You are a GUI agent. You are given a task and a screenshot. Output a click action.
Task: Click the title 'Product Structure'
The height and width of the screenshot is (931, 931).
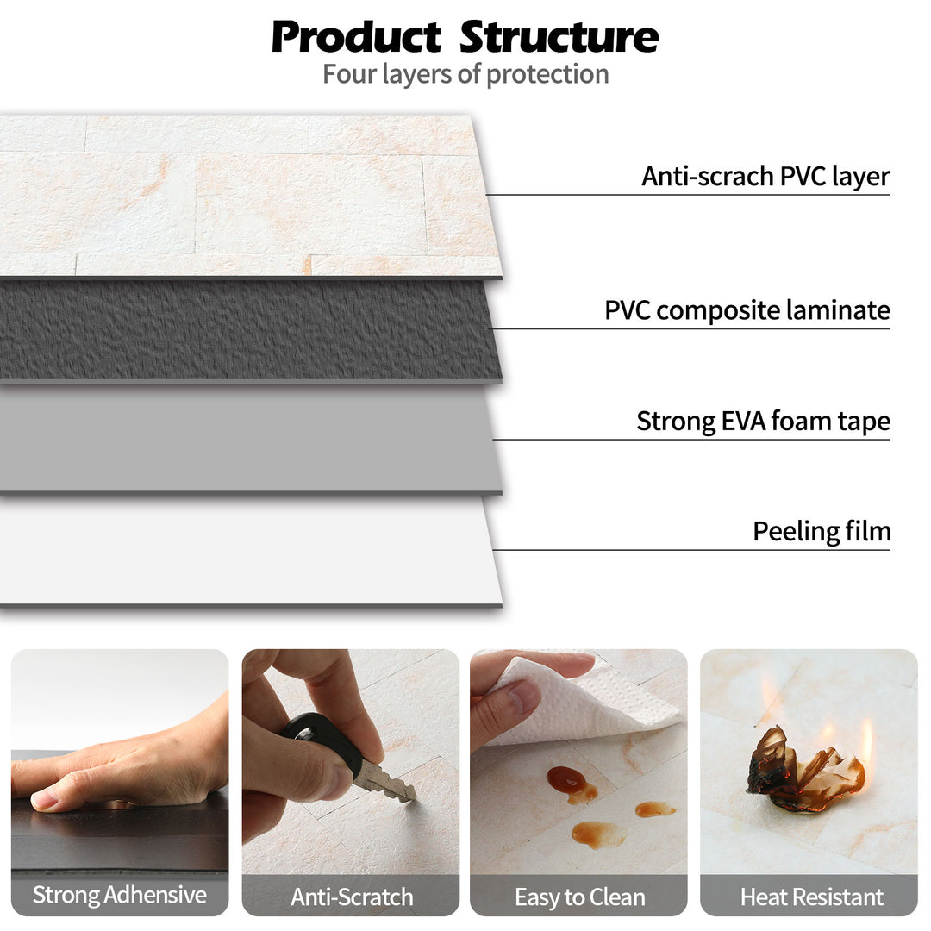pyautogui.click(x=465, y=37)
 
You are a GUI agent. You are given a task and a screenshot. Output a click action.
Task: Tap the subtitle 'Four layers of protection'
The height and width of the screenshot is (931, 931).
pyautogui.click(x=465, y=74)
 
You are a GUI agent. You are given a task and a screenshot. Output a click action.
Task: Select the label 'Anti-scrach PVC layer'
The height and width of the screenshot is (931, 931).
pyautogui.click(x=765, y=177)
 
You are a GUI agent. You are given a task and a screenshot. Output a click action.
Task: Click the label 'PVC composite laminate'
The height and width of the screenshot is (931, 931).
pyautogui.click(x=747, y=310)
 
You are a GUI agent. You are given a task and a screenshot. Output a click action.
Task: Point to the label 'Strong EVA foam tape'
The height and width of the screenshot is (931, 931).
pyautogui.click(x=763, y=422)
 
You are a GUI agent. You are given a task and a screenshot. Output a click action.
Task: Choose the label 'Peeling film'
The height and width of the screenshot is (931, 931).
pyautogui.click(x=822, y=531)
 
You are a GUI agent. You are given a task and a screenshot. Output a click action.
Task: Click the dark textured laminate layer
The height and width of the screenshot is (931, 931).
pyautogui.click(x=250, y=330)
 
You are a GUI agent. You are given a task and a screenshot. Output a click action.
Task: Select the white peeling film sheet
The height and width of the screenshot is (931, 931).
pyautogui.click(x=250, y=552)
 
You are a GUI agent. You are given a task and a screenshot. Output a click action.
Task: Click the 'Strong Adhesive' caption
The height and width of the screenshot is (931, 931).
pyautogui.click(x=120, y=895)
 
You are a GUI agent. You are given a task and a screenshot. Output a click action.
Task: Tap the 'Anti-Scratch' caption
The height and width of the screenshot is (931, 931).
pyautogui.click(x=351, y=897)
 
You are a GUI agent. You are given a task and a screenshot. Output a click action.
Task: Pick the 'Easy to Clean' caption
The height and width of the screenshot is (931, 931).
pyautogui.click(x=579, y=897)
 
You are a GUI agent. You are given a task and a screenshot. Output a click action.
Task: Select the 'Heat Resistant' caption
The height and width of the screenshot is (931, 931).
pyautogui.click(x=811, y=897)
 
